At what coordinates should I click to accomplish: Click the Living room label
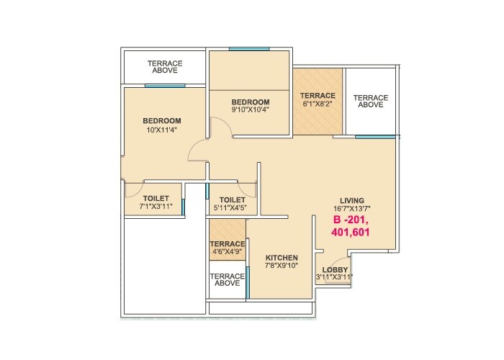(x=352, y=200)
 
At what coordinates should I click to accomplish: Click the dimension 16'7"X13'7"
(x=352, y=209)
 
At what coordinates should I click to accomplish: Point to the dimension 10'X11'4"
(x=161, y=130)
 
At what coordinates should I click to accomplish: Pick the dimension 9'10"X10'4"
(x=250, y=110)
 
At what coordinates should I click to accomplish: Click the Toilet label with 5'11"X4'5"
(x=233, y=200)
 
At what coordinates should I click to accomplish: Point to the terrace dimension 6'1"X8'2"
(x=318, y=104)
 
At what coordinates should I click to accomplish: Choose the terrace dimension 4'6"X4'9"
(x=228, y=253)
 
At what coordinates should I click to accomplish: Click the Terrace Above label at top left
(x=165, y=68)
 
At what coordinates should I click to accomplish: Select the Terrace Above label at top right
(x=371, y=101)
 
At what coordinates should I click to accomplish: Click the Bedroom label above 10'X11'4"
(x=161, y=120)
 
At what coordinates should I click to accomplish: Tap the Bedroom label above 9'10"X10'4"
(x=250, y=102)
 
